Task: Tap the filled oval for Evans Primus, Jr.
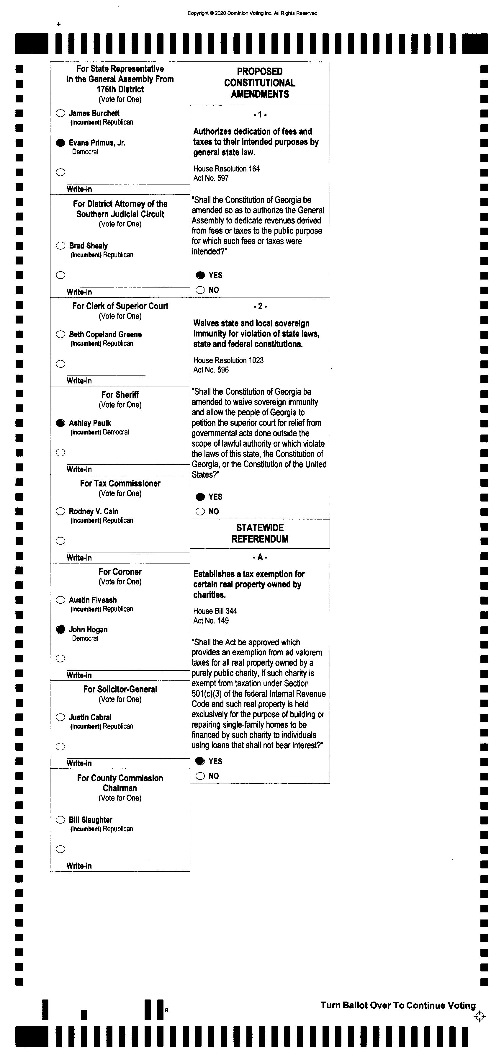[x=60, y=143]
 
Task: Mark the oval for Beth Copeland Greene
[x=60, y=334]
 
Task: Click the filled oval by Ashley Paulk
[x=60, y=423]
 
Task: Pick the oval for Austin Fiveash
[x=60, y=600]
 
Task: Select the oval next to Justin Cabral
[x=60, y=717]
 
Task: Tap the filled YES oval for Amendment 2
[x=200, y=497]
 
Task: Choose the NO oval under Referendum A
[x=200, y=776]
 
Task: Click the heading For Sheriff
[x=120, y=395]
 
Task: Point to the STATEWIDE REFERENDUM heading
[x=260, y=533]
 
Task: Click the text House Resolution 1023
[x=228, y=360]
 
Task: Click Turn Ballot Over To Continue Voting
[x=398, y=1005]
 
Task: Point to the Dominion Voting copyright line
[x=252, y=13]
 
